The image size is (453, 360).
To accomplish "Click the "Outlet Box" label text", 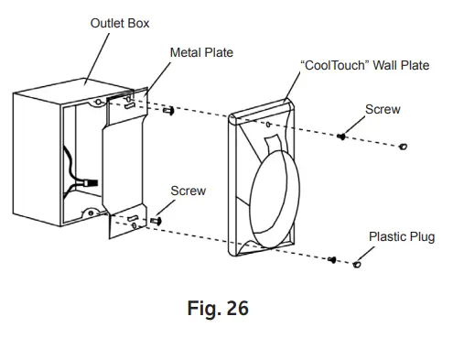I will (x=121, y=22).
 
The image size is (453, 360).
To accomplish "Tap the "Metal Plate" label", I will (x=201, y=52).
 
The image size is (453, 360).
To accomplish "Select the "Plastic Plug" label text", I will (x=401, y=236).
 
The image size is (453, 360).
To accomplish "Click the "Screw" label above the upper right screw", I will (x=383, y=109).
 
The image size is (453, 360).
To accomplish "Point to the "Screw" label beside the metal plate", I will (x=189, y=191).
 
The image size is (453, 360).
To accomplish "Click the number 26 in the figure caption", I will (x=232, y=309).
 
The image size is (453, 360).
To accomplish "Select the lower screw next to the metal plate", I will (x=156, y=220).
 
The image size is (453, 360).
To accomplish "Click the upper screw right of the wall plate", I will (x=341, y=136).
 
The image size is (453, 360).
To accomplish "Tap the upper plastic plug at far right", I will (x=404, y=147).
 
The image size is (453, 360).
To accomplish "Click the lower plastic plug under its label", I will (x=358, y=265).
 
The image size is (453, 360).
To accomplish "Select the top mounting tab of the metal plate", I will (x=131, y=103).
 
